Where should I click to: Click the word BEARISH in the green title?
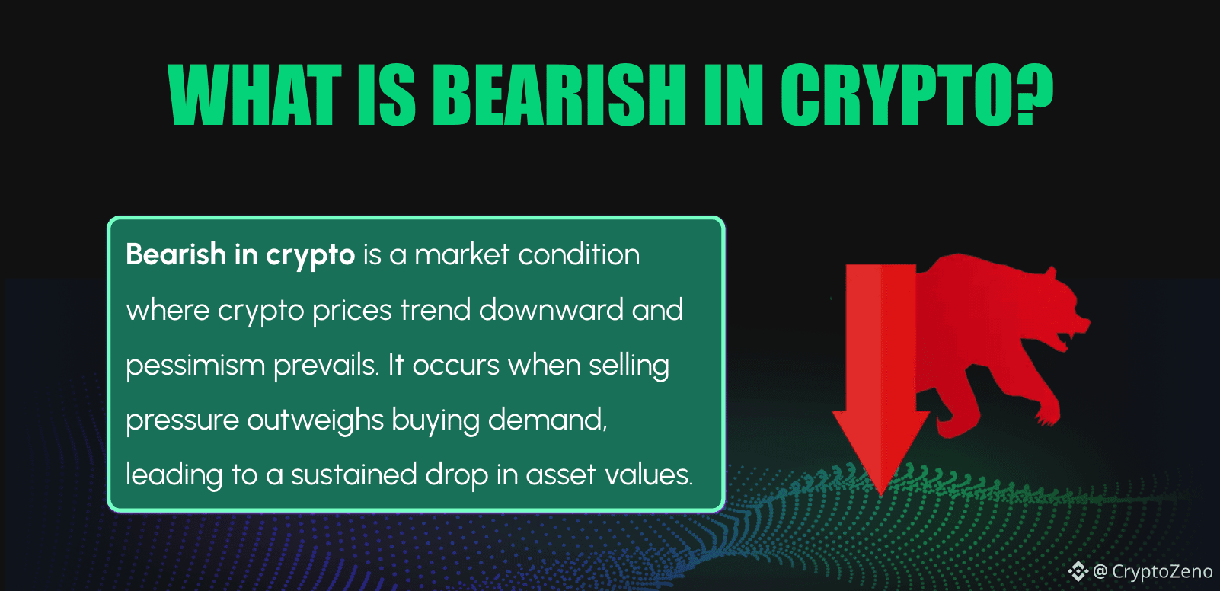pos(560,94)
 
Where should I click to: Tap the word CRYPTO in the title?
pos(899,94)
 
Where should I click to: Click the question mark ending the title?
pos(1035,94)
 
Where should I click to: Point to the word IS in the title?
pos(386,94)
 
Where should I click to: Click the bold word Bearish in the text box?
pos(176,254)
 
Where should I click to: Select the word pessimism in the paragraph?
pos(195,366)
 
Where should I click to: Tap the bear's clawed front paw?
pos(1048,415)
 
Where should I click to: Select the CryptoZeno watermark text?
pos(1162,571)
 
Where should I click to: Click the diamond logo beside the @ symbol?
pos(1078,571)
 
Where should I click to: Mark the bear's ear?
pos(1052,273)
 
